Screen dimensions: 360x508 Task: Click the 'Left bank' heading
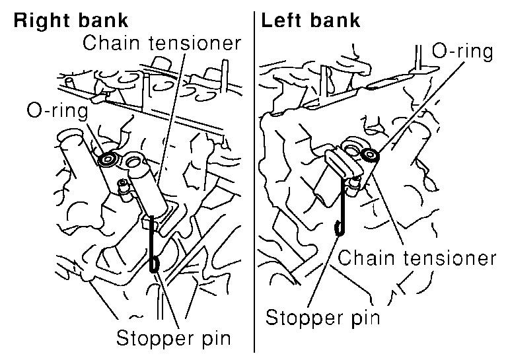[x=311, y=20]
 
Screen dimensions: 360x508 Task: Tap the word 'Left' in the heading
[x=283, y=20]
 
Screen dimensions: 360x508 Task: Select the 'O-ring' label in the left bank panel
[x=462, y=51]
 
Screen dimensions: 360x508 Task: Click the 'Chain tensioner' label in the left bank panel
[x=417, y=257]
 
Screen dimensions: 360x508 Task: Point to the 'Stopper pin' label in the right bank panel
[x=173, y=339]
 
